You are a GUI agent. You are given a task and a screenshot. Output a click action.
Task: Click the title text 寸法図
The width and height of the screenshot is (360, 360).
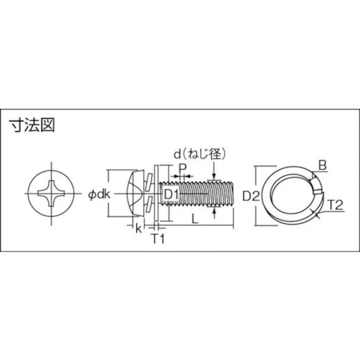[31, 125]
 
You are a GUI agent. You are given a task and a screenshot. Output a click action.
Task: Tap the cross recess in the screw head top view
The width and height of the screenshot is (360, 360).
[52, 194]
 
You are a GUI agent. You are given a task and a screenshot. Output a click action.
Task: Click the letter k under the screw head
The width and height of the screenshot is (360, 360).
[138, 228]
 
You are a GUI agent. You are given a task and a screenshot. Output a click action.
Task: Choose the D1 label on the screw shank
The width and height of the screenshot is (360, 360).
[170, 194]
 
